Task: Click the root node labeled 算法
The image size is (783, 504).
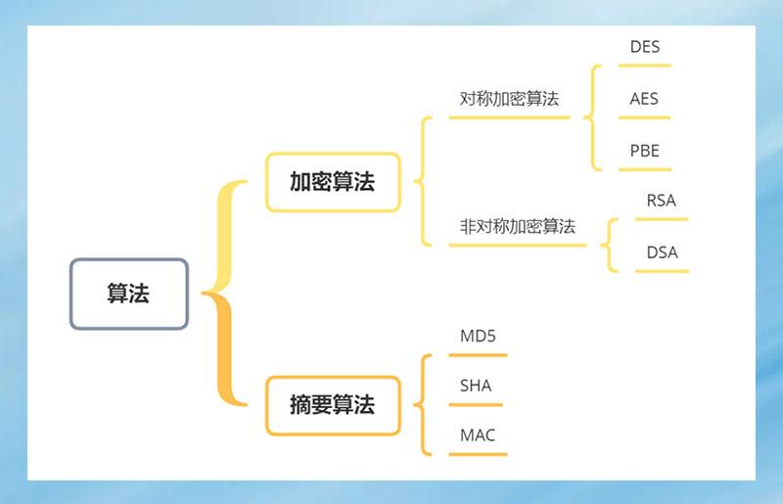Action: point(128,294)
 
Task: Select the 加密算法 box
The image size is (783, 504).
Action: point(333,182)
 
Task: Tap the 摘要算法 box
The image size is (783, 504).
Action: point(333,405)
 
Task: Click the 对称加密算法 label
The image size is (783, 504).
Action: point(509,99)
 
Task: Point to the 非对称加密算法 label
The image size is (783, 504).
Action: point(517,226)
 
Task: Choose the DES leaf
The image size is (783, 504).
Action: point(645,47)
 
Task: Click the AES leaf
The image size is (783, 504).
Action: point(644,99)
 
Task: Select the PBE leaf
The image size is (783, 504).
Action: point(644,151)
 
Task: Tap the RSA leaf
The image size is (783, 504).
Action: point(661,201)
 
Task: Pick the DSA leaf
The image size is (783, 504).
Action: point(662,252)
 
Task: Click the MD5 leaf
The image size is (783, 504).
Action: point(478,337)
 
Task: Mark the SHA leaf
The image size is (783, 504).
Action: point(476,386)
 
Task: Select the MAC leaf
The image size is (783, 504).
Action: point(478,435)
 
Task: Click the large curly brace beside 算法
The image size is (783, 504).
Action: point(224,293)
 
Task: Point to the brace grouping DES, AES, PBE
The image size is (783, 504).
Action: point(591,117)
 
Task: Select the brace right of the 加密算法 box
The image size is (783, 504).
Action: point(423,181)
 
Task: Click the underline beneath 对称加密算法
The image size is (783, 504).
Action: point(509,117)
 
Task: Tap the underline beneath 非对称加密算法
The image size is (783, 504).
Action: point(517,245)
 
